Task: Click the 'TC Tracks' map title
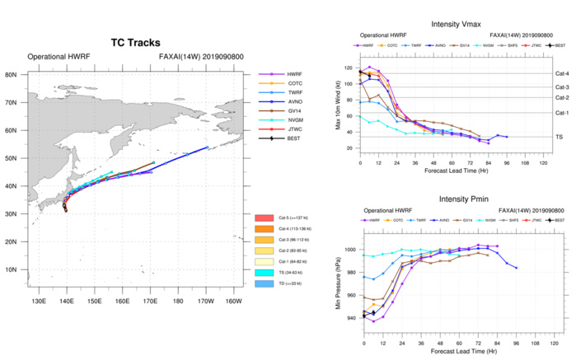tap(135, 42)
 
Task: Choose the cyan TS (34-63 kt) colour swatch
tap(268, 272)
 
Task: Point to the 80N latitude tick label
tap(12, 74)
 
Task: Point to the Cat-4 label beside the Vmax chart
tap(562, 74)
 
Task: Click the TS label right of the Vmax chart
tap(558, 137)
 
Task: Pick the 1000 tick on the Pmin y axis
tap(350, 249)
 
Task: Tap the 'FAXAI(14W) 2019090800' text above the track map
tap(201, 57)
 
